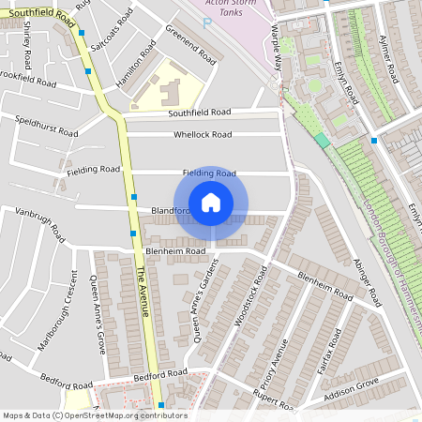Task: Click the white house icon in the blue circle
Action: pyautogui.click(x=211, y=203)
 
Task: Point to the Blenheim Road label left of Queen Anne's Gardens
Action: pyautogui.click(x=175, y=251)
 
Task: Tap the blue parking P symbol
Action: pyautogui.click(x=207, y=22)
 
